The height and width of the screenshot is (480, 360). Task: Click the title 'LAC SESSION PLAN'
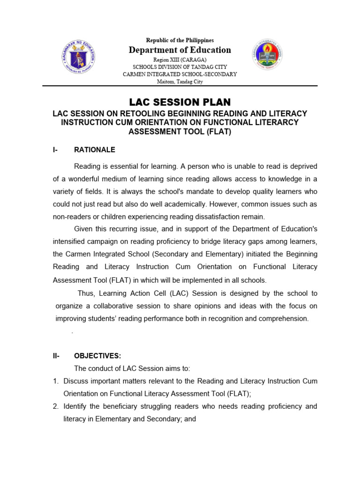point(180,102)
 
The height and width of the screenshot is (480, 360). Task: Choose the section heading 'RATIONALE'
point(95,150)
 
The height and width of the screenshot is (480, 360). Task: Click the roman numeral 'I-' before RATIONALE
point(56,150)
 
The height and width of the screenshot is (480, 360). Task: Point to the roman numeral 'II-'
point(56,356)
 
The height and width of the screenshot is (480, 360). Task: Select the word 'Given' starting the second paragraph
point(84,229)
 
